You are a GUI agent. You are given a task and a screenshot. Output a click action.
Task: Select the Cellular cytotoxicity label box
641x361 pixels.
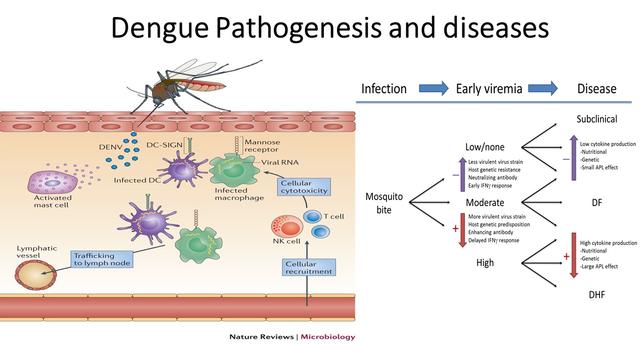click(297, 187)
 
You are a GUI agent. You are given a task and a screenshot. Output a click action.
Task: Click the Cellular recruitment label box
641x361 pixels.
click(308, 267)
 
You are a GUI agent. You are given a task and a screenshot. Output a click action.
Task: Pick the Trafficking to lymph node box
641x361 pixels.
click(102, 259)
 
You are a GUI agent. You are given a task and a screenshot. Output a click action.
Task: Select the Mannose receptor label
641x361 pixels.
click(261, 146)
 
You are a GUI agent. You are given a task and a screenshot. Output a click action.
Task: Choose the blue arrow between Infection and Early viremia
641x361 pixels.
click(434, 89)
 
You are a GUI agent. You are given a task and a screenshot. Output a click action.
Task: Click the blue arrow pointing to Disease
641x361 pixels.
click(543, 89)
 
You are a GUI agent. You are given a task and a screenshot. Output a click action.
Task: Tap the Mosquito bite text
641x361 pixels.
click(384, 203)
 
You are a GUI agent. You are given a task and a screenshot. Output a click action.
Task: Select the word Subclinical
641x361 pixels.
click(596, 119)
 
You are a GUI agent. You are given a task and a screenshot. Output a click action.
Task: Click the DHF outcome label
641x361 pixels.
click(597, 295)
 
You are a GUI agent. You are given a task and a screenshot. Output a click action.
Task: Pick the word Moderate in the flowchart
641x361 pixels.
click(485, 203)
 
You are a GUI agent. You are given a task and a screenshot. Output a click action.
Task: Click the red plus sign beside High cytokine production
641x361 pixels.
click(566, 256)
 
